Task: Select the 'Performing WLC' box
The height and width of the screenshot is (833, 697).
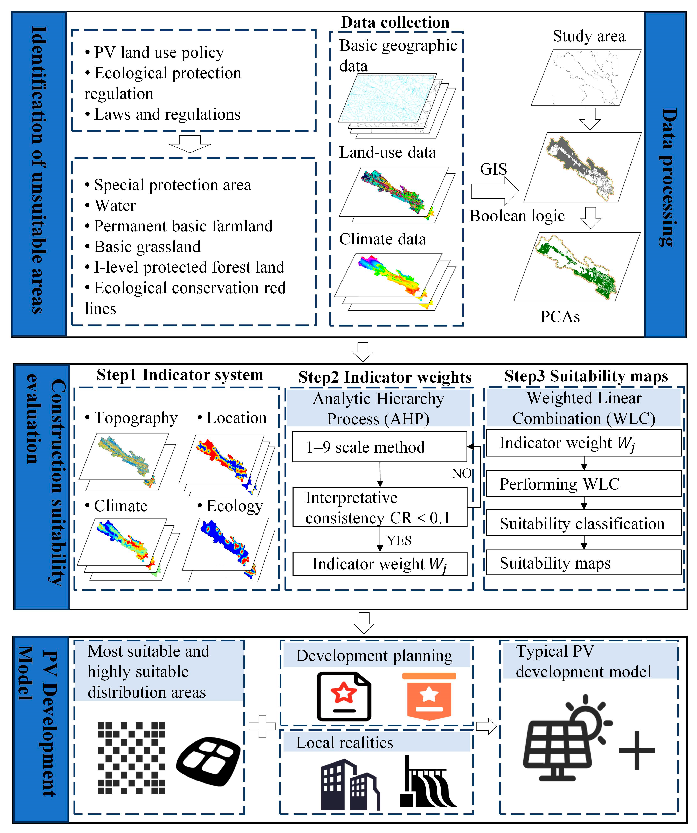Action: (583, 484)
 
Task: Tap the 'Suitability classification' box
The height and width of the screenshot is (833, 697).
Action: (583, 524)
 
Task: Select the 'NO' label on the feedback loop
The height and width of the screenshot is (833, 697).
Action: (462, 473)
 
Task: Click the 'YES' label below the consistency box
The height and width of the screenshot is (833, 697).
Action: (399, 540)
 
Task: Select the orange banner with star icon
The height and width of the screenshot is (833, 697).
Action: (429, 696)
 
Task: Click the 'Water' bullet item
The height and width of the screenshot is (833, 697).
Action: (115, 206)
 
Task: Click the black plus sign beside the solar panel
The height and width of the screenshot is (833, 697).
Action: (637, 751)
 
